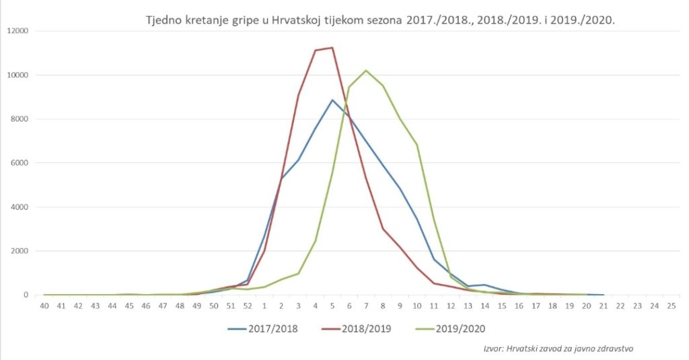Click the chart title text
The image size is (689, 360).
[x=381, y=20]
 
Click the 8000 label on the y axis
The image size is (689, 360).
[x=20, y=119]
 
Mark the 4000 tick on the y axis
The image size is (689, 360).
[x=20, y=207]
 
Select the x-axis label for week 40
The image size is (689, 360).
[x=44, y=306]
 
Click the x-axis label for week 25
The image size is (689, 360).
[x=670, y=306]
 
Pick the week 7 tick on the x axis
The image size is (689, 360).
[x=366, y=306]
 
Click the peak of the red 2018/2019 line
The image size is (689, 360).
[x=332, y=48]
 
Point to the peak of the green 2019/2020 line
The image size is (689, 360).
[x=366, y=71]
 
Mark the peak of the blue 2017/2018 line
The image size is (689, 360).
[x=332, y=100]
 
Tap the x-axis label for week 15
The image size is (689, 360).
[x=501, y=306]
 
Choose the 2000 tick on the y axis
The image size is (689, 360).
[x=20, y=251]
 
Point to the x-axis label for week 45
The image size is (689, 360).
[x=129, y=306]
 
